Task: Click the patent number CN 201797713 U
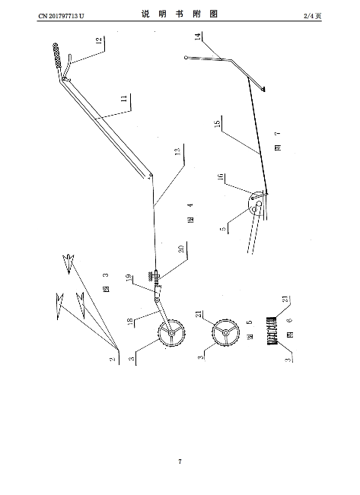pos(62,16)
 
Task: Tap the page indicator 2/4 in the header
pos(308,16)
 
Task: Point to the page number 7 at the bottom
pos(180,462)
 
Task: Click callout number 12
pos(99,40)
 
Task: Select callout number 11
pos(125,99)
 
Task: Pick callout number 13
pos(178,151)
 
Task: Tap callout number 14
pos(198,36)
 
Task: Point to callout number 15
pos(218,123)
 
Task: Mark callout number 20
pos(181,249)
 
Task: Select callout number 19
pos(129,278)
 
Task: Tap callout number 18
pos(130,322)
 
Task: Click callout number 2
pos(112,359)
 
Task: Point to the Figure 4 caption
pos(190,214)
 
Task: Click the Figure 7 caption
pos(278,141)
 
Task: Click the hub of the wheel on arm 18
pos(171,333)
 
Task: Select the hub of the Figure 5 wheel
pos(225,333)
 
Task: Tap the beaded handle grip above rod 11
pos(57,55)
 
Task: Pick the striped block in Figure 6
pos(272,331)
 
